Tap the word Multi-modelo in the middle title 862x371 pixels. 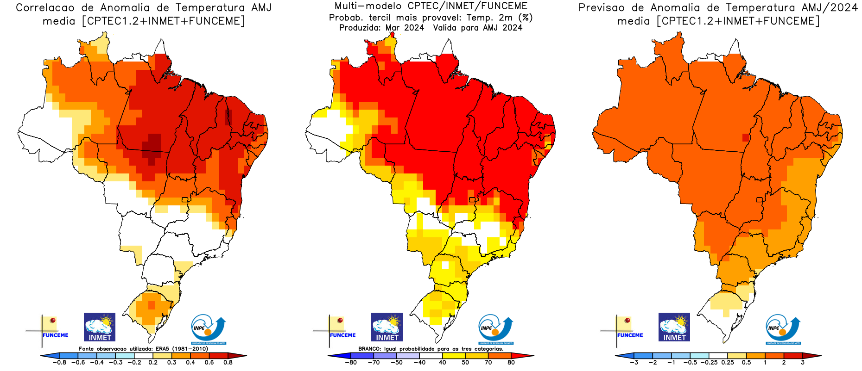coord(361,6)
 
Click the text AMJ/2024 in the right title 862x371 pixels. coord(830,8)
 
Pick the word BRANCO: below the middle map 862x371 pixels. coord(369,349)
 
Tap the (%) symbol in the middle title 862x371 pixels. coord(526,18)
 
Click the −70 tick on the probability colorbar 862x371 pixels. coord(374,362)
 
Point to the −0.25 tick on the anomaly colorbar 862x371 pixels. coord(709,362)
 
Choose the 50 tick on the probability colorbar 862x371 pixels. coord(465,362)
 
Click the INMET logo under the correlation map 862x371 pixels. coord(100,327)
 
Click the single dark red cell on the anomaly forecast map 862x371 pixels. coord(745,137)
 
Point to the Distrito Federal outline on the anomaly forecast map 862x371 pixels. coord(759,200)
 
